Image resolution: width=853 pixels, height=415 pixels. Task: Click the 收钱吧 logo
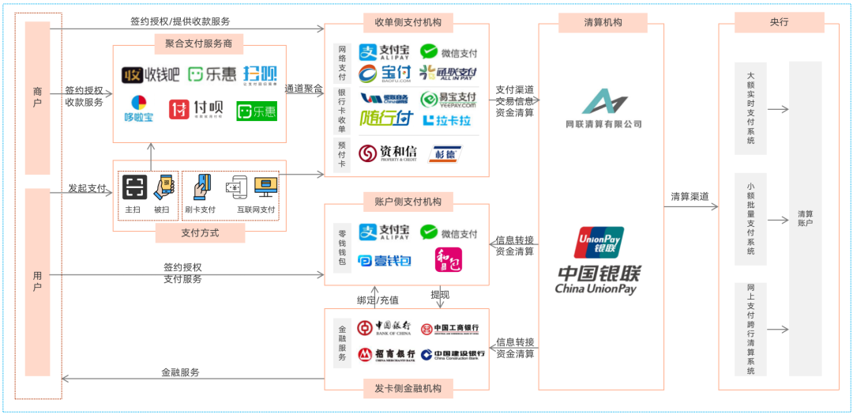(x=151, y=74)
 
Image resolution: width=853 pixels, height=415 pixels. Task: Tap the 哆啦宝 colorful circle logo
(x=139, y=108)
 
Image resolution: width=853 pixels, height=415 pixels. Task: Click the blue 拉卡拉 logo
(x=448, y=121)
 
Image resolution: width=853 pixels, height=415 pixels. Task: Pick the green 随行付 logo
(x=386, y=119)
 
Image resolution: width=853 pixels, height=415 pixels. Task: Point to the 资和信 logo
(x=388, y=153)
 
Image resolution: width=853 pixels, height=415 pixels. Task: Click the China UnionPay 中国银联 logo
(x=598, y=260)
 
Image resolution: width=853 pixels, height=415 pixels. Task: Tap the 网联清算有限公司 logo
(x=603, y=109)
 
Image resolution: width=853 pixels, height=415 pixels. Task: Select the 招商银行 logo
(x=386, y=354)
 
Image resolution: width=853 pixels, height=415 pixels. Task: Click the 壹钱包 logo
(x=385, y=260)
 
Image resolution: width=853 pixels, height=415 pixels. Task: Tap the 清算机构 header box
(x=602, y=23)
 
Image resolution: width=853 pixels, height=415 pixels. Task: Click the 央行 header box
(x=779, y=22)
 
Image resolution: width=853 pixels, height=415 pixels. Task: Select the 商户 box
(x=37, y=98)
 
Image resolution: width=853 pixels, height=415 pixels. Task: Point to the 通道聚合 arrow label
(x=304, y=89)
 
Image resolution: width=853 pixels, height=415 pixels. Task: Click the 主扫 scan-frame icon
(x=134, y=187)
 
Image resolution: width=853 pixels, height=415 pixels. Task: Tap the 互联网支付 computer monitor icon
(x=265, y=187)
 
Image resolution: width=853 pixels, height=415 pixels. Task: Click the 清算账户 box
(x=805, y=218)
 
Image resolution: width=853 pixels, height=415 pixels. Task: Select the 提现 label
(x=440, y=294)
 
